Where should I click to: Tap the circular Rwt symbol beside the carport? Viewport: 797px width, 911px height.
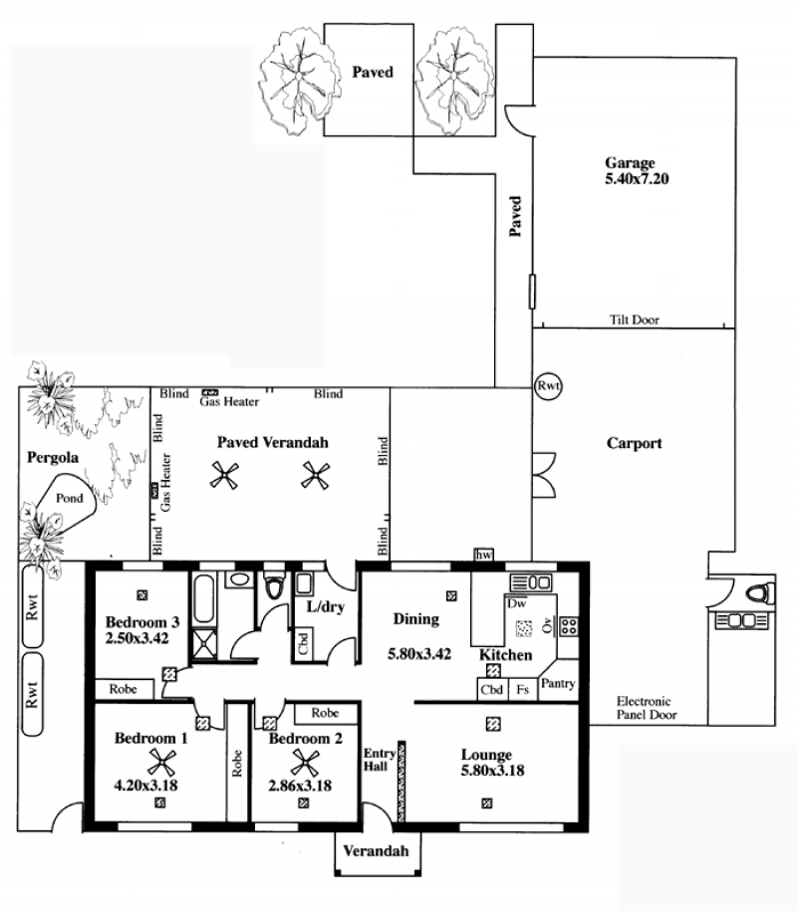tap(548, 385)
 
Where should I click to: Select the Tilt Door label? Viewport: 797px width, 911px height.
tap(635, 320)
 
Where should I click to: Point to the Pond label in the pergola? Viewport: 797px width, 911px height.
tap(69, 498)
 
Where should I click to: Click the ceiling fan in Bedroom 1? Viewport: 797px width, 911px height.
tap(161, 763)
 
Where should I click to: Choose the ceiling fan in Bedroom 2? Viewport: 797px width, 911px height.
tap(305, 763)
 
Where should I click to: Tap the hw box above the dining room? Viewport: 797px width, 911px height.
tap(483, 555)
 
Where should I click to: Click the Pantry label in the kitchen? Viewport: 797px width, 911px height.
tap(558, 684)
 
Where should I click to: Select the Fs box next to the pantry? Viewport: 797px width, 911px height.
tap(523, 690)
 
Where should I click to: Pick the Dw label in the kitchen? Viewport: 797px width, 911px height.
tap(516, 603)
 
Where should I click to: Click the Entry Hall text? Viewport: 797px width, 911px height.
tap(379, 760)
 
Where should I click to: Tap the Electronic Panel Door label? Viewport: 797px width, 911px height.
tap(647, 708)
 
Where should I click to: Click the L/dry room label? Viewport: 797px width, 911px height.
tap(326, 607)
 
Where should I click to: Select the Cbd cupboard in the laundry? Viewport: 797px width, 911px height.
tap(302, 643)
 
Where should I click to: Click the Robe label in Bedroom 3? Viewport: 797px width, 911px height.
tap(124, 689)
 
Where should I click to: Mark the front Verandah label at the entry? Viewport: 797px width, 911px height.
tap(376, 851)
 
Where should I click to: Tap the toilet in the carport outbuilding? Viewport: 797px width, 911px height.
tap(760, 593)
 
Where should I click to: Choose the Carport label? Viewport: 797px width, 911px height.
tap(635, 443)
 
